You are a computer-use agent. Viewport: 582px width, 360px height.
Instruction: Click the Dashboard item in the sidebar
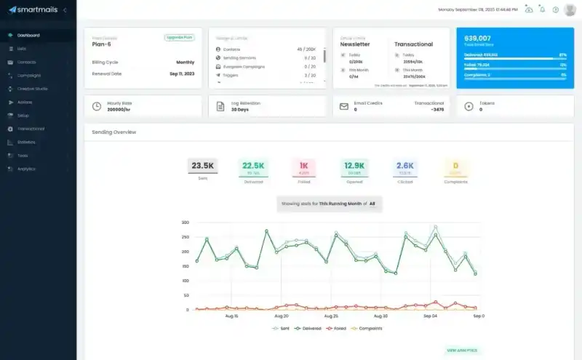click(28, 35)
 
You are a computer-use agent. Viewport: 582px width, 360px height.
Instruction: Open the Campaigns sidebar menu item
click(28, 75)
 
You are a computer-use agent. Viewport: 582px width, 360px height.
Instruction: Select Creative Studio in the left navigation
click(32, 89)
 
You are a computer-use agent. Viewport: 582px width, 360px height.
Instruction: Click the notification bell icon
click(541, 9)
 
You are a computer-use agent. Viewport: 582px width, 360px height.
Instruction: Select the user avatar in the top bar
click(570, 9)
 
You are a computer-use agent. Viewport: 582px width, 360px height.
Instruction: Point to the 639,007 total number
click(477, 38)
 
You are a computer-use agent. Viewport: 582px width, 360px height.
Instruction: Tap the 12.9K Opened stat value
click(354, 166)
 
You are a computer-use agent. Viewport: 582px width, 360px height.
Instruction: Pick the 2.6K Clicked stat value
click(405, 166)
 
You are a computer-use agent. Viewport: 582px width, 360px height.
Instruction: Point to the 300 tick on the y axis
click(186, 223)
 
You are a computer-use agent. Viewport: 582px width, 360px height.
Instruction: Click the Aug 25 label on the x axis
click(331, 316)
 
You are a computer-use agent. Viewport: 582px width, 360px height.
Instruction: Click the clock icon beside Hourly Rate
click(97, 106)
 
